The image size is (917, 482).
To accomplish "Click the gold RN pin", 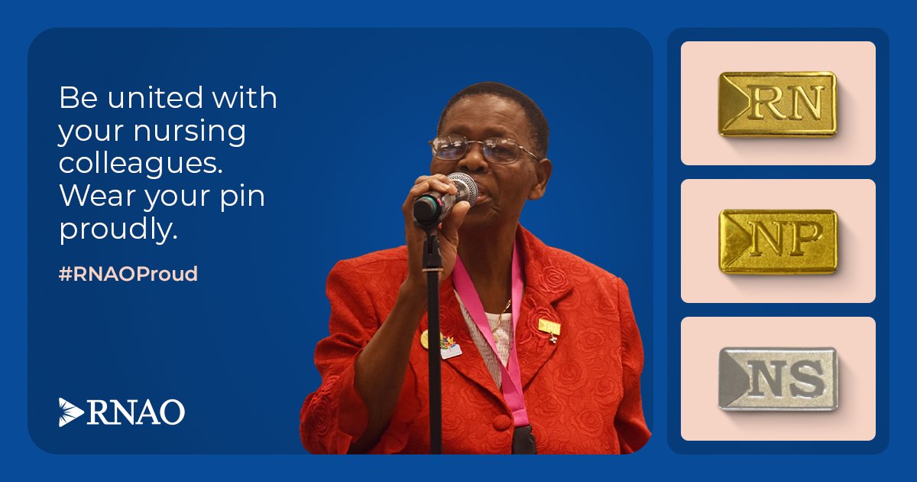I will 777,103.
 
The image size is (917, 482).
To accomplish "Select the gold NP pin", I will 777,241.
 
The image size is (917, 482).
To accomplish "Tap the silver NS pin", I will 777,379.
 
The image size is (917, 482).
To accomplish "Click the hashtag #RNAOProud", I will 128,274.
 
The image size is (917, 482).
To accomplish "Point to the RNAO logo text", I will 136,412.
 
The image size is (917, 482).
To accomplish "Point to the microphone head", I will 463,187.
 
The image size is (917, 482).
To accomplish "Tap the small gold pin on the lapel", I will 549,327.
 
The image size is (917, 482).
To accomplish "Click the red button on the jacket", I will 501,422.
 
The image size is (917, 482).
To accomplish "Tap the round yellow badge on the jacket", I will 426,337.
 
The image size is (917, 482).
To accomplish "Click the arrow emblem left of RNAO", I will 71,412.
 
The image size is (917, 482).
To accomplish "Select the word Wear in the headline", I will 92,197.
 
